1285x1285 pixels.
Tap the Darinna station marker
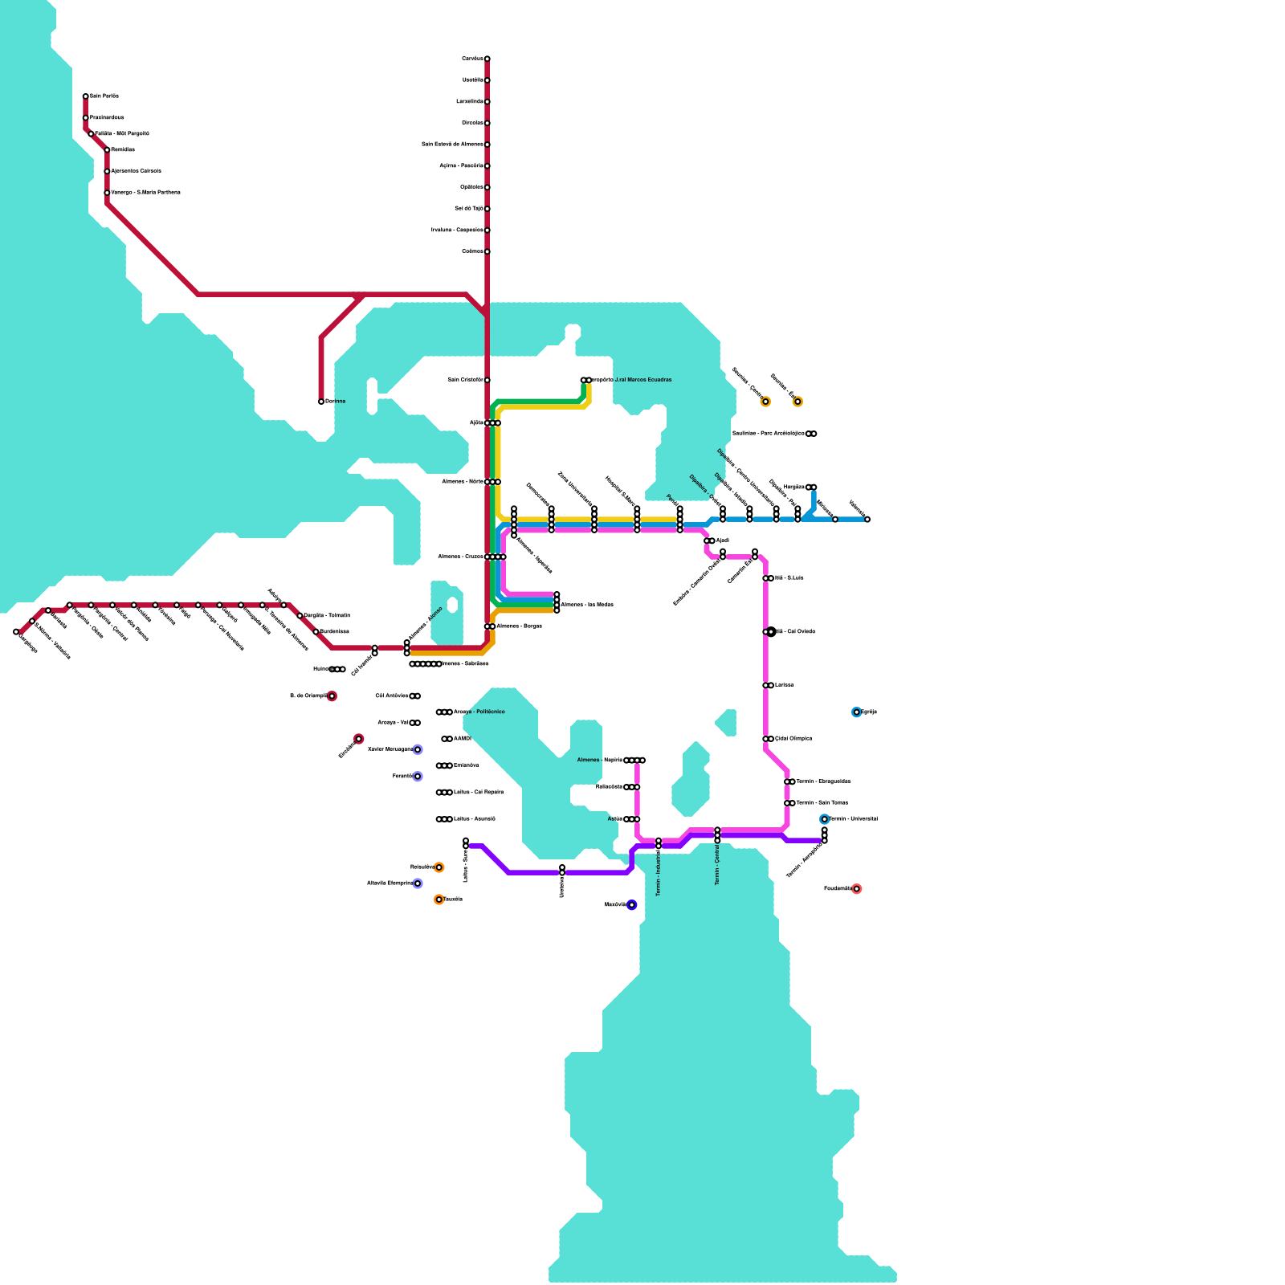(x=321, y=402)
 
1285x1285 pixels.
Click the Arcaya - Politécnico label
(x=479, y=712)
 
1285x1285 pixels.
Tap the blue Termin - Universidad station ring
(x=824, y=819)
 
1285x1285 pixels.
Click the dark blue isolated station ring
(x=632, y=905)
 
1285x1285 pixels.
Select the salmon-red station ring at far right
(x=856, y=889)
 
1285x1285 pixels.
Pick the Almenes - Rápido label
(x=599, y=760)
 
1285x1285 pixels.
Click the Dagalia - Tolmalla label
(x=327, y=616)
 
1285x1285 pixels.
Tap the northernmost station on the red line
(x=487, y=59)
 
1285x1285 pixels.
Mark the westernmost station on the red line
(x=16, y=632)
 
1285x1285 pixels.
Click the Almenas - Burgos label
(x=519, y=626)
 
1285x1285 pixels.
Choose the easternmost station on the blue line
(x=867, y=520)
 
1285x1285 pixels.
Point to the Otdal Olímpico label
(x=793, y=739)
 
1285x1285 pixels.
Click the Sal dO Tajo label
(x=468, y=209)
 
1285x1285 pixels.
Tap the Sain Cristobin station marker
(x=487, y=380)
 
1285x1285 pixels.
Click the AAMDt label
(x=463, y=739)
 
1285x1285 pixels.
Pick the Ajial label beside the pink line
(x=723, y=541)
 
